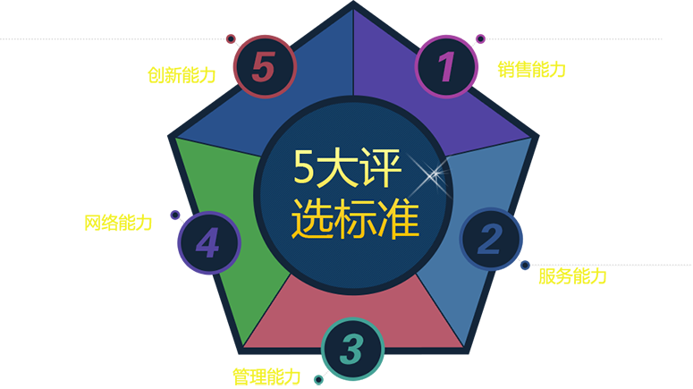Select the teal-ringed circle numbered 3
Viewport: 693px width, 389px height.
(x=351, y=350)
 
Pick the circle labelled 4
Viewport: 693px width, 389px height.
(x=209, y=242)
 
